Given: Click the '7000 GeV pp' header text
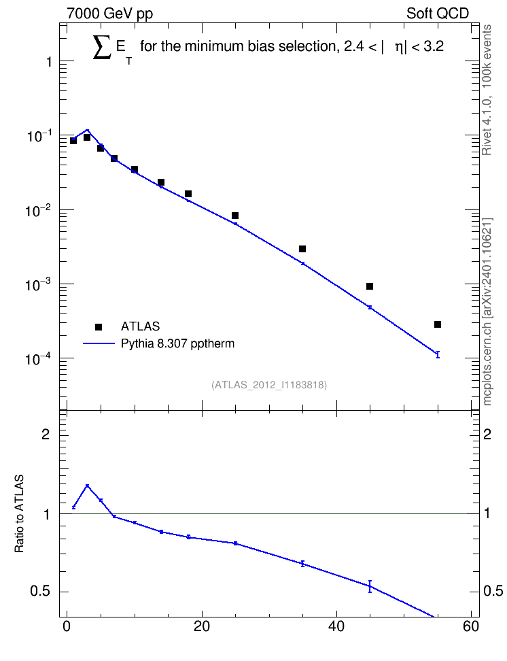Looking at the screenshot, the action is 109,14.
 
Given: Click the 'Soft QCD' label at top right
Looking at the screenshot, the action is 438,14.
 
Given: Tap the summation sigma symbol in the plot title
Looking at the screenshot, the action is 102,47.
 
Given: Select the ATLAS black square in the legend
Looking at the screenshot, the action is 99,326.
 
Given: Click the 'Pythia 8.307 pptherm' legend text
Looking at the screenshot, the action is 177,343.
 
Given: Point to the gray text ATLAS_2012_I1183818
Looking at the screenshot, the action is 269,385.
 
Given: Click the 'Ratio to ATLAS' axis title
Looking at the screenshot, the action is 19,513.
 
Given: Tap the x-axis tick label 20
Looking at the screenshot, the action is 201,626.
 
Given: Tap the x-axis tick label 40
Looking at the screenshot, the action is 336,626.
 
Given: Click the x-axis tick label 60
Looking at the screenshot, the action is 471,626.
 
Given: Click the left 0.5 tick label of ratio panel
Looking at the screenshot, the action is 41,592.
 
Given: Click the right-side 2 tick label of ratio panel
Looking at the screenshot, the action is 487,434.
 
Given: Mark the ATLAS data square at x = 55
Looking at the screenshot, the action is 438,324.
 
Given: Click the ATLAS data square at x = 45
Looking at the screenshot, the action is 370,287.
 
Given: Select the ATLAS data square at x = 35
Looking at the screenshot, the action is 302,249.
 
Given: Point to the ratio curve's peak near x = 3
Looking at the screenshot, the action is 87,486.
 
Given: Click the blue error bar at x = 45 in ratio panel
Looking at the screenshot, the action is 370,586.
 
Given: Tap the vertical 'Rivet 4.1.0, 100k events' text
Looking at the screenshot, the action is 487,90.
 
